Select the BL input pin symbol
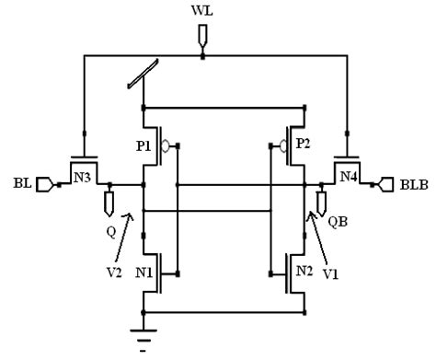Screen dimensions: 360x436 click(x=44, y=184)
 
